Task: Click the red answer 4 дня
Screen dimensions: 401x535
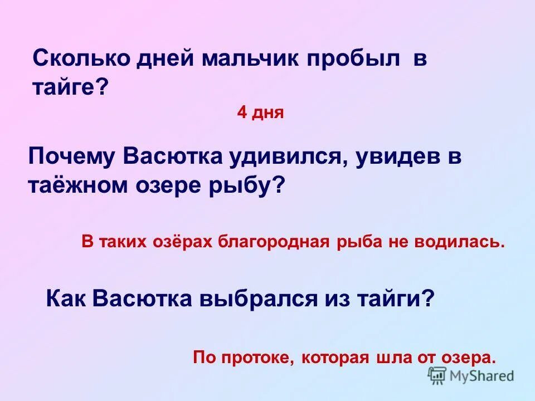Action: (260, 113)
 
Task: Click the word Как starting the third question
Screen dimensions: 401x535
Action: (66, 299)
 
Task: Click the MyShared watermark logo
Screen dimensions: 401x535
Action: (471, 375)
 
